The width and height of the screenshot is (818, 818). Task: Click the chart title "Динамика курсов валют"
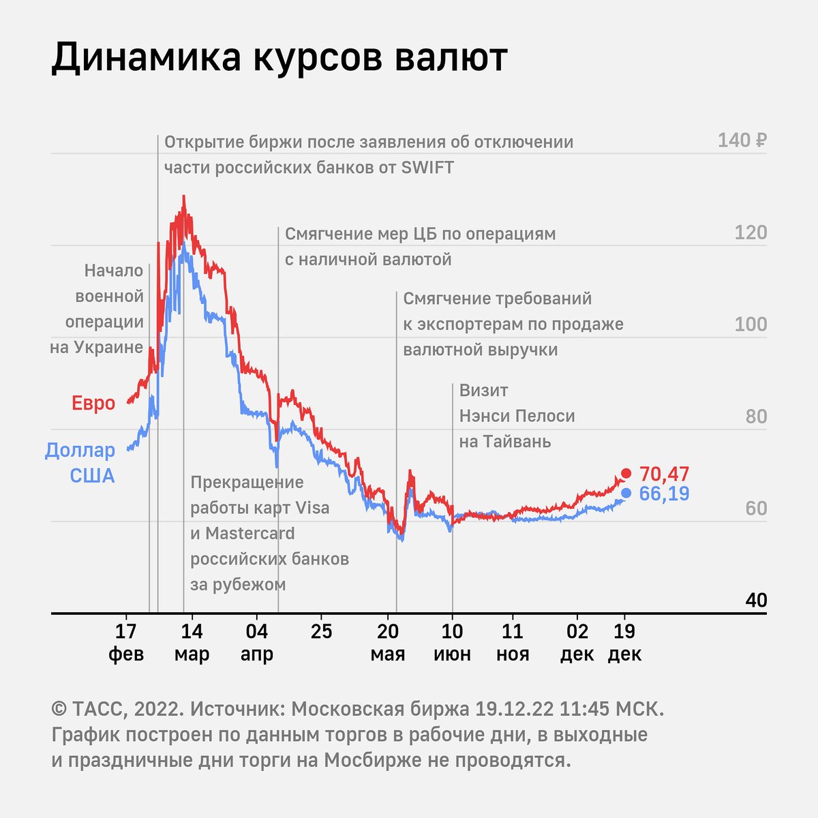click(279, 57)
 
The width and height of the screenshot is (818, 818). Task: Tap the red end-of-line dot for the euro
click(626, 473)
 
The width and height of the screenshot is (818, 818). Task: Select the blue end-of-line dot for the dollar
click(626, 493)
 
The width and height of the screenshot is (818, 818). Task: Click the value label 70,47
click(665, 474)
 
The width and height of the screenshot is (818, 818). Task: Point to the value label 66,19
click(665, 494)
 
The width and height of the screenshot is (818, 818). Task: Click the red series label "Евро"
click(93, 404)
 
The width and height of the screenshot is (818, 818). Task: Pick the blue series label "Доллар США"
click(80, 463)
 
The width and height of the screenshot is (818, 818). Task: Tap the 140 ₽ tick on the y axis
click(742, 141)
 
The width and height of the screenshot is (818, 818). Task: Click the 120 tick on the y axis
click(751, 233)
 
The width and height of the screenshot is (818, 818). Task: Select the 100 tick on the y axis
click(751, 324)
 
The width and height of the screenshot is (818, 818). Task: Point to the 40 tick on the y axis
click(756, 601)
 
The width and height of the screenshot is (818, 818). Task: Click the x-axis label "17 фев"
click(126, 643)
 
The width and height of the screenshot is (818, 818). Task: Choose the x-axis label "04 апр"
click(256, 643)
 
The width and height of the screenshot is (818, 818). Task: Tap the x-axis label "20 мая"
click(388, 643)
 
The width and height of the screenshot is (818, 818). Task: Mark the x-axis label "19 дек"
click(624, 643)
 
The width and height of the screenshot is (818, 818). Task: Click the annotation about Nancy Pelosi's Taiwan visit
click(517, 416)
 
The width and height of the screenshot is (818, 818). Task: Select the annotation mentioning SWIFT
click(369, 155)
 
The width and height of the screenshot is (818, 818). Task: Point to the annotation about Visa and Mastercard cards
click(269, 533)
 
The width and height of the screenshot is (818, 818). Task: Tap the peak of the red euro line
click(183, 197)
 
